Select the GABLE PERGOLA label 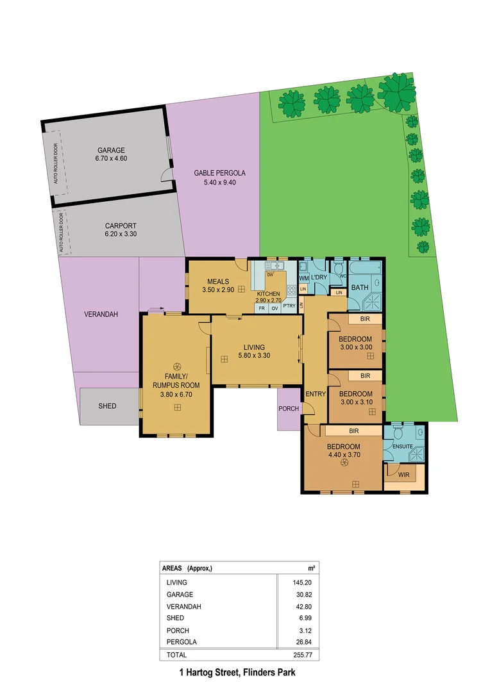(220, 173)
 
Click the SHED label (107, 406)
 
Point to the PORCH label (289, 408)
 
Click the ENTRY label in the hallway (315, 393)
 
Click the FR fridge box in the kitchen (261, 308)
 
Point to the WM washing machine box (304, 277)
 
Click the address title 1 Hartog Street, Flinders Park (238, 673)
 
